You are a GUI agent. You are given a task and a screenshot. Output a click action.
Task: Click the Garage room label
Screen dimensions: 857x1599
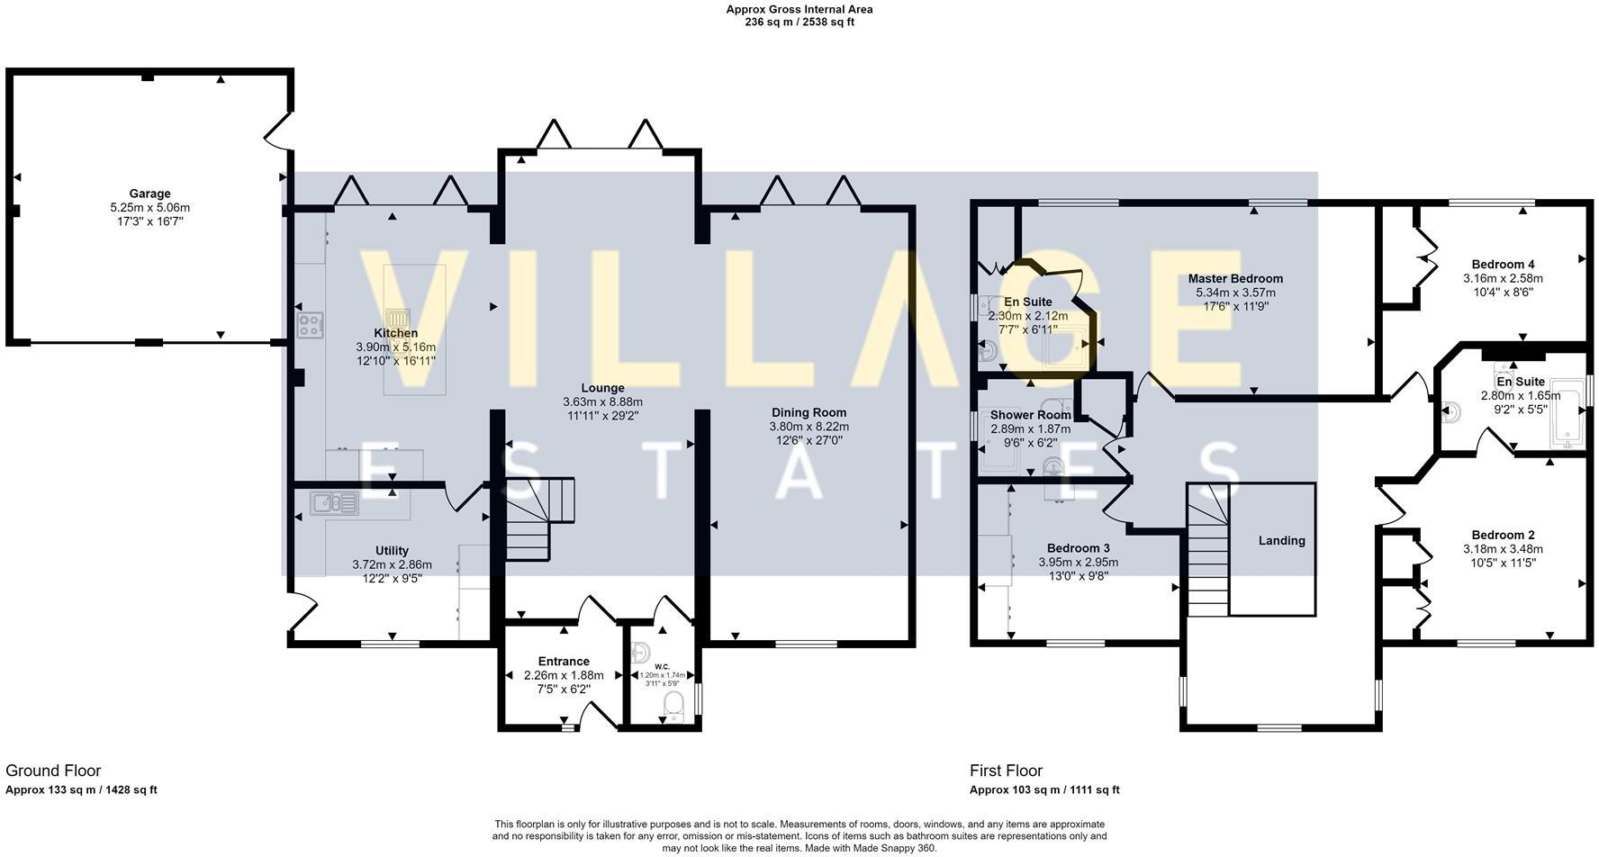click(x=149, y=194)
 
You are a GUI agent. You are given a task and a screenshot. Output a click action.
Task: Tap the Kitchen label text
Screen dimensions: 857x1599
click(x=395, y=333)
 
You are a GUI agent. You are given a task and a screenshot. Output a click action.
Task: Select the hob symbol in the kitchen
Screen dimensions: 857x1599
click(x=311, y=325)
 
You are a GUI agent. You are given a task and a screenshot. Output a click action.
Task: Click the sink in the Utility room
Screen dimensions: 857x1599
click(x=334, y=502)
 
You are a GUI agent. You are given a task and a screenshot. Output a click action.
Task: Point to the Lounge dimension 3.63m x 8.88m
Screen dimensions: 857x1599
click(x=602, y=402)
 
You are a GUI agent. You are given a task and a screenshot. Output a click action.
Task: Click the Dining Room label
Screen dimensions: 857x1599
click(x=809, y=412)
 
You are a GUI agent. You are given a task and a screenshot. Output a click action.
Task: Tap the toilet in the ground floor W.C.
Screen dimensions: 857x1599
click(x=673, y=706)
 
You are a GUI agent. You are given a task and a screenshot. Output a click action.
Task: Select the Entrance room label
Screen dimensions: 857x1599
click(x=564, y=661)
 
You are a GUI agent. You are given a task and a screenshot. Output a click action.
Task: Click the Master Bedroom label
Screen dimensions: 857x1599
click(x=1235, y=279)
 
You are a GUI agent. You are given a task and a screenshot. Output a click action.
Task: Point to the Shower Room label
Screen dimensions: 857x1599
click(x=1030, y=415)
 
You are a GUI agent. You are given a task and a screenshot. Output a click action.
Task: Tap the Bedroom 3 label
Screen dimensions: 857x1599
click(x=1078, y=548)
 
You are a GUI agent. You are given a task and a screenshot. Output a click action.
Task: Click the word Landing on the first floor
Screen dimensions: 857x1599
click(x=1281, y=540)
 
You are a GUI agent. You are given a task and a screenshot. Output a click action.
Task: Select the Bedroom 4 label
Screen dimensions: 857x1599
click(x=1503, y=265)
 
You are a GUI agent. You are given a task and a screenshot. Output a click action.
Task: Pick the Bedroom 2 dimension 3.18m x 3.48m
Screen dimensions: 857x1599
click(x=1503, y=549)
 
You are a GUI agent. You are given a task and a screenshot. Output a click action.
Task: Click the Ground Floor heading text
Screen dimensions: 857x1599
click(x=53, y=771)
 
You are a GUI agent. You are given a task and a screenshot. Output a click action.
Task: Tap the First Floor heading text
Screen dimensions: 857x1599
click(x=1006, y=771)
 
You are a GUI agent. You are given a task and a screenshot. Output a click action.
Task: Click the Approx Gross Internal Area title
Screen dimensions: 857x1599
click(x=799, y=10)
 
